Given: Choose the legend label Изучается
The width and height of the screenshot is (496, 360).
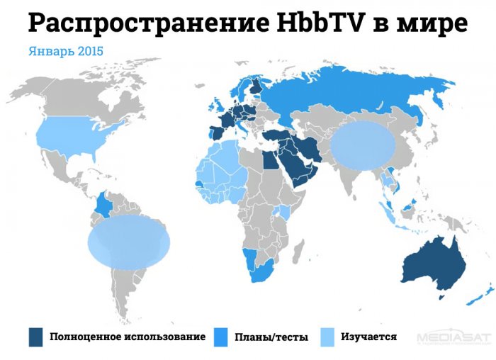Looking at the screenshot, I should pyautogui.click(x=368, y=337).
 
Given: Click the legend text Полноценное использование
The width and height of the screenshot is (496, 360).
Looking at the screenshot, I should pyautogui.click(x=128, y=337).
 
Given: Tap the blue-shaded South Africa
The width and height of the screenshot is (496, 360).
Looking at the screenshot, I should pyautogui.click(x=263, y=273).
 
